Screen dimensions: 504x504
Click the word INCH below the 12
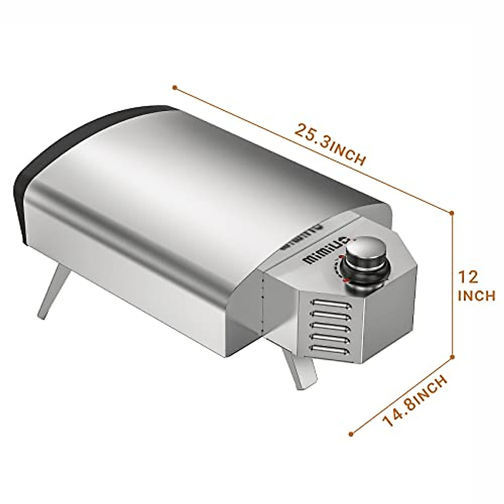click(x=476, y=296)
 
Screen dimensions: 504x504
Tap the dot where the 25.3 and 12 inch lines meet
click(x=452, y=213)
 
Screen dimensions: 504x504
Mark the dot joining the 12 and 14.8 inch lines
click(x=452, y=357)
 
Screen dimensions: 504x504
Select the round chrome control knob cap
click(x=363, y=252)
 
